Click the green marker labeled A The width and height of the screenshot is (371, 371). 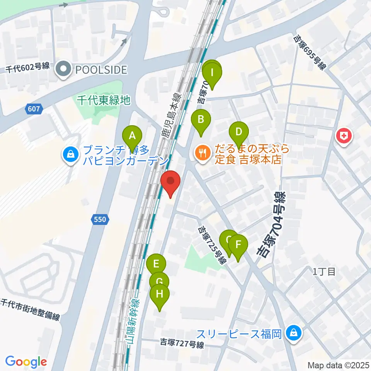pyautogui.click(x=132, y=136)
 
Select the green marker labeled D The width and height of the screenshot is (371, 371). pyautogui.click(x=239, y=133)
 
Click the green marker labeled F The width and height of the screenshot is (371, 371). pyautogui.click(x=238, y=245)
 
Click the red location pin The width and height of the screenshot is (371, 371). pyautogui.click(x=170, y=182)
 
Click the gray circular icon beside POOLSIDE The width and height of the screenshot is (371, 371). pyautogui.click(x=62, y=70)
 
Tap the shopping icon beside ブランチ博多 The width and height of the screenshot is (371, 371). pyautogui.click(x=71, y=155)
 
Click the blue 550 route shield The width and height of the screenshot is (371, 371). pyautogui.click(x=99, y=220)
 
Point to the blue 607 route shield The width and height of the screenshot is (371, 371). pyautogui.click(x=34, y=109)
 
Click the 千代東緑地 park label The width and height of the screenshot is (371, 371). pyautogui.click(x=103, y=100)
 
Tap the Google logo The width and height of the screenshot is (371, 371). pyautogui.click(x=26, y=362)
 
